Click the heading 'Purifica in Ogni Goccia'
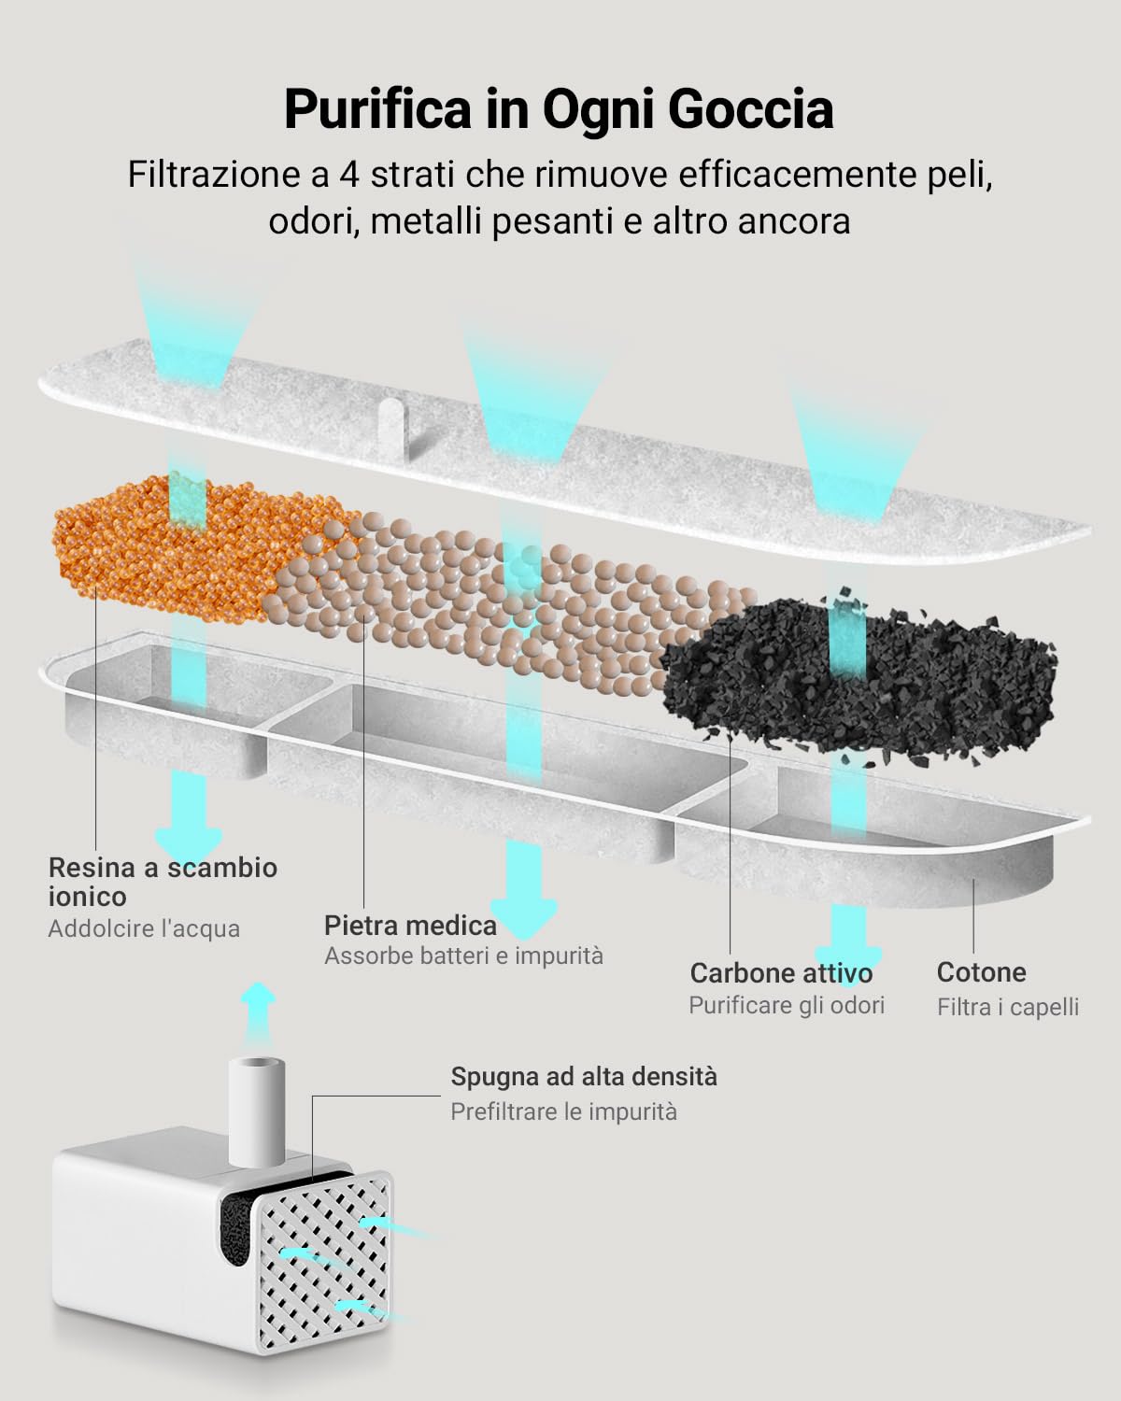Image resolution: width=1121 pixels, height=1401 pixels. tap(559, 109)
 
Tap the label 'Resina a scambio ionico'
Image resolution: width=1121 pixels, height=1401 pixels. tap(163, 881)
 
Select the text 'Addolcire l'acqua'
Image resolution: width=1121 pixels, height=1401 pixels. tap(144, 928)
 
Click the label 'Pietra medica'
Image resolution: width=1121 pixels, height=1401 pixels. tap(410, 925)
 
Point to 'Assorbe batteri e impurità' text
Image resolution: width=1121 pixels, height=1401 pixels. tap(463, 955)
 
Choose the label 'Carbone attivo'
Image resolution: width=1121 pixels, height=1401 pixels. tap(781, 972)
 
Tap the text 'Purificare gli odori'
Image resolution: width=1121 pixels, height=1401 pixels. tap(787, 1005)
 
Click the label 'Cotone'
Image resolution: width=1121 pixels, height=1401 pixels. tap(981, 971)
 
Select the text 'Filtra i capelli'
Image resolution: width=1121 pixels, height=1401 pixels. tap(1007, 1006)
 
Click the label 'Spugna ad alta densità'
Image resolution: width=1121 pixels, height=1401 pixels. tap(584, 1076)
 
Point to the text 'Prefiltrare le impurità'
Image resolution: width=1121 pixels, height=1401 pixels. tap(563, 1111)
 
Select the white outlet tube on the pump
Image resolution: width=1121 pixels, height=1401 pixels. tap(255, 1111)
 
